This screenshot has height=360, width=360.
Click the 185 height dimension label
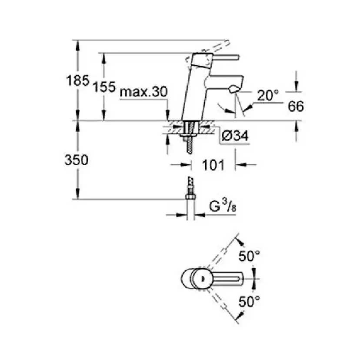pyautogui.click(x=77, y=80)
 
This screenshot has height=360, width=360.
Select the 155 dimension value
pyautogui.click(x=104, y=87)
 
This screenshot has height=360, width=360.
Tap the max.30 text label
pyautogui.click(x=144, y=92)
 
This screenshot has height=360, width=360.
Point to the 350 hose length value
pyautogui.click(x=77, y=160)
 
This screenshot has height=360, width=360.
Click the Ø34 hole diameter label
pyautogui.click(x=235, y=136)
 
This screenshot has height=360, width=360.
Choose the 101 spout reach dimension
pyautogui.click(x=213, y=165)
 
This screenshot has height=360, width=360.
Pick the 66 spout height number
pyautogui.click(x=296, y=106)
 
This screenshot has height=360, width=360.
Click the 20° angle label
pyautogui.click(x=268, y=95)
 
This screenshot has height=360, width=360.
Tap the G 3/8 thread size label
pyautogui.click(x=223, y=207)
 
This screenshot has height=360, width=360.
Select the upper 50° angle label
pyautogui.click(x=249, y=256)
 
